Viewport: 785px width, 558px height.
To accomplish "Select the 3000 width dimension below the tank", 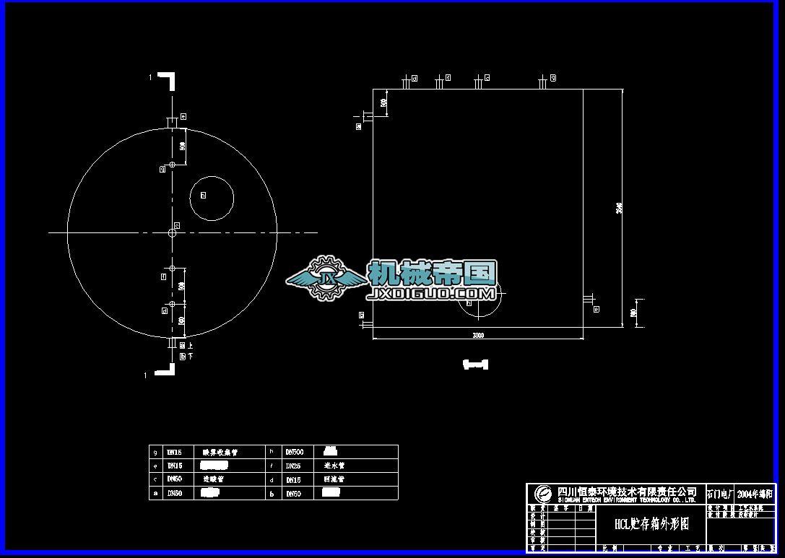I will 478,335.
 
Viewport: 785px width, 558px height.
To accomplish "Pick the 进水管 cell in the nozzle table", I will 336,466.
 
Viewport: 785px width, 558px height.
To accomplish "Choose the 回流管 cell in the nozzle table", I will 336,479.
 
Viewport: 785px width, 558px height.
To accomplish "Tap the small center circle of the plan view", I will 172,232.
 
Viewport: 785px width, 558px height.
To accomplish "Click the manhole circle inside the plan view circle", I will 212,198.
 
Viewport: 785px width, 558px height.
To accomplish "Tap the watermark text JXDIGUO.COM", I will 431,294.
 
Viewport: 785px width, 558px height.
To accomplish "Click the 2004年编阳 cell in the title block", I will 755,494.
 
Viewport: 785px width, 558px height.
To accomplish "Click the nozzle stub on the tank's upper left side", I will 367,115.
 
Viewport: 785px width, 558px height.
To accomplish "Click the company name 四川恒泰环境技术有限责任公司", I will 626,491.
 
